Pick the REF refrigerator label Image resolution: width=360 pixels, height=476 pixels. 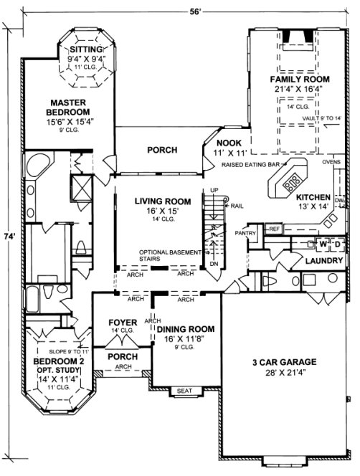pos(274,229)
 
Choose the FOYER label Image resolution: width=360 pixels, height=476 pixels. pos(122,323)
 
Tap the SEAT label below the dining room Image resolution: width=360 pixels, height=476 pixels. pos(185,391)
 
